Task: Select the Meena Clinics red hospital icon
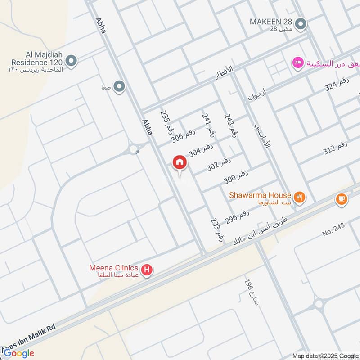coord(147,270)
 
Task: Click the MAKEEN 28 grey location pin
coord(303,23)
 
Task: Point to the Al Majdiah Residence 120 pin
coord(70,60)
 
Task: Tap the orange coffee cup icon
coord(342,199)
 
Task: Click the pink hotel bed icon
coord(297,63)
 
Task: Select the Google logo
coord(19,353)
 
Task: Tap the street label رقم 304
coord(201,150)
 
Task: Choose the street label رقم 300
coord(236,177)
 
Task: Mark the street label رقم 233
coord(217,230)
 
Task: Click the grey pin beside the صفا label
coord(119,86)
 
